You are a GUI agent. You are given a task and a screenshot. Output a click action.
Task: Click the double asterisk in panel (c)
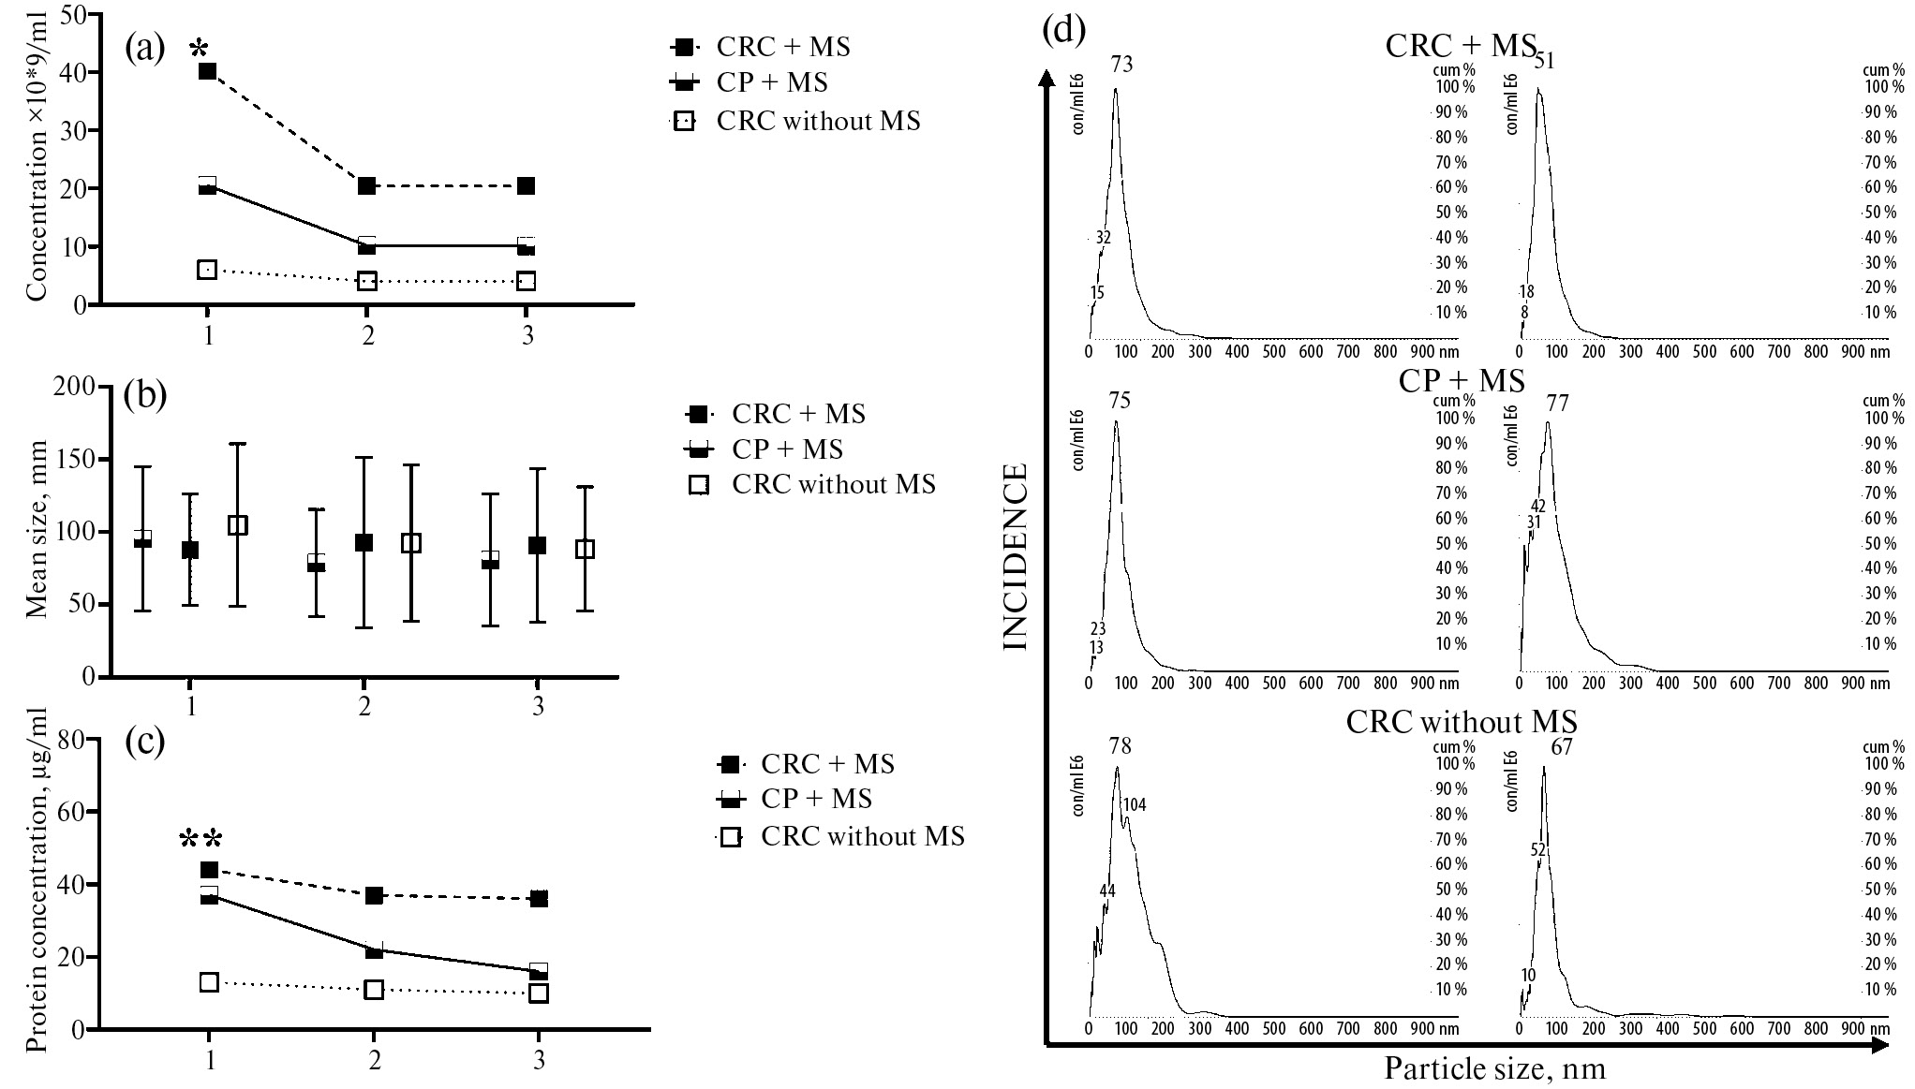201,840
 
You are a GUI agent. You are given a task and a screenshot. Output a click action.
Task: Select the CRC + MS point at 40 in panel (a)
208,71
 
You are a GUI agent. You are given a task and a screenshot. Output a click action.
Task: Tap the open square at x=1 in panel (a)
208,270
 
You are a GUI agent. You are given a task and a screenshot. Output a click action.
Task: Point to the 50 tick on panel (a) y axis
73,14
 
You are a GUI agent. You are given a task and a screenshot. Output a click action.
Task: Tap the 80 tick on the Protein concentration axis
73,740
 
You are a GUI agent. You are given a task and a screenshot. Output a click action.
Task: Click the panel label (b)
145,396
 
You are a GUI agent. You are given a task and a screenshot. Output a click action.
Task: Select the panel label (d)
1063,30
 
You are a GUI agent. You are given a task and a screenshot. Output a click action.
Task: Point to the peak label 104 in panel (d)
1135,804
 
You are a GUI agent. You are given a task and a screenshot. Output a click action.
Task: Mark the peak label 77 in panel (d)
1557,403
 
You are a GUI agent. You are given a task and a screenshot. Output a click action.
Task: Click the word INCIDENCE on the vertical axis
1017,556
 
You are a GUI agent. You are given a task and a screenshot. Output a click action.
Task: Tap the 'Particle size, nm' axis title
1494,1068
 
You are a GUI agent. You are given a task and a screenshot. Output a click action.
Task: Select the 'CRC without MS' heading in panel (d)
1462,722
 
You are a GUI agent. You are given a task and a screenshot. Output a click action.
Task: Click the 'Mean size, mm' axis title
37,532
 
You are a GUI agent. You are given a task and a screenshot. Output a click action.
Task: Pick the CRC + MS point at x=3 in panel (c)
539,899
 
